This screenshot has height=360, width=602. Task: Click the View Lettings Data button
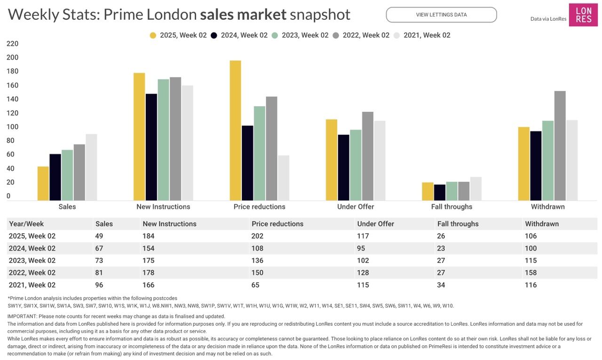point(441,15)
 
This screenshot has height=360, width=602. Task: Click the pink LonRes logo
point(583,15)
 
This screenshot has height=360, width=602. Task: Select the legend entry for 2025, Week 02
point(178,35)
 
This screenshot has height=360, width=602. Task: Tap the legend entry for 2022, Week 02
point(361,35)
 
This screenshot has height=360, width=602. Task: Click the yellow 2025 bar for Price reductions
point(235,131)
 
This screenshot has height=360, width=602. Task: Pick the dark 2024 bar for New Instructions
point(151,147)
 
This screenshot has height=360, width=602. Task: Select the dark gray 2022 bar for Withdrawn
point(560,146)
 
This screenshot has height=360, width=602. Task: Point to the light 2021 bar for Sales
point(91,167)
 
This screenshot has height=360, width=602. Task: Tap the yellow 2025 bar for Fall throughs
point(428,191)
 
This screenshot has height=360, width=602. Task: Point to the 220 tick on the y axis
point(13,44)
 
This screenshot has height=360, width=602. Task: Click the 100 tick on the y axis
point(13,127)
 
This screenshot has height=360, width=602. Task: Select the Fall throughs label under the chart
point(451,207)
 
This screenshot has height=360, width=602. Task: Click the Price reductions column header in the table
point(277,224)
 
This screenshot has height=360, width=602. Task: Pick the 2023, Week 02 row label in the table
point(32,260)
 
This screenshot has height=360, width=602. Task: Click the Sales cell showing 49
point(99,236)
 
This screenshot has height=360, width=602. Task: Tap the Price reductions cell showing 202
point(258,236)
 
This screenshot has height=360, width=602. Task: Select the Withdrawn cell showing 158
point(531,273)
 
